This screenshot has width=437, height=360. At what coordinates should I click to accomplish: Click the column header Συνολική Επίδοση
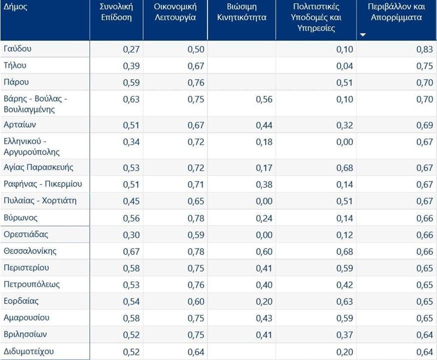click(115, 12)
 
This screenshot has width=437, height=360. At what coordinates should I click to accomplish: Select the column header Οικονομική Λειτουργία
click(175, 12)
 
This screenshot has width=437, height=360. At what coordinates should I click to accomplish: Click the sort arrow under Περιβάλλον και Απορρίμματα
click(363, 35)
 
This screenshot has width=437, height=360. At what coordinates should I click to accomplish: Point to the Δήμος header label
click(15, 7)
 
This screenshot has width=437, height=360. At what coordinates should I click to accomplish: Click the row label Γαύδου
click(17, 49)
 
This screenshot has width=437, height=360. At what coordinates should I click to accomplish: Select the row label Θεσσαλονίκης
click(30, 251)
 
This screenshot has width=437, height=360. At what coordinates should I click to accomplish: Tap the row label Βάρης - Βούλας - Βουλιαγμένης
click(35, 103)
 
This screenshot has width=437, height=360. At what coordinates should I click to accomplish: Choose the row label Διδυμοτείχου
click(28, 351)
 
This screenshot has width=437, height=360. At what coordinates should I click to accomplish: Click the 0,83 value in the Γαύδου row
click(424, 49)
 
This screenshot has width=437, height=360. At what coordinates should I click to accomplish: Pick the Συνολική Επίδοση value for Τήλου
click(131, 66)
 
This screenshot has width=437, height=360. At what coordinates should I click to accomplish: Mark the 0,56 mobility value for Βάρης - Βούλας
click(264, 99)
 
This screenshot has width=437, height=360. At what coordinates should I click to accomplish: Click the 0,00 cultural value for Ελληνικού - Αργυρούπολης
click(344, 142)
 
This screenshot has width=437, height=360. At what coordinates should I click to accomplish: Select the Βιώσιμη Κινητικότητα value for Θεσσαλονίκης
click(264, 251)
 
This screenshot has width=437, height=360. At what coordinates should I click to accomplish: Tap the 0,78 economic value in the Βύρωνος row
click(196, 218)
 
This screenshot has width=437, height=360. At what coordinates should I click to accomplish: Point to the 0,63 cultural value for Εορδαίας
click(344, 301)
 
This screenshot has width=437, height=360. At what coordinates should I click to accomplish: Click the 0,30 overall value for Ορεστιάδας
click(131, 234)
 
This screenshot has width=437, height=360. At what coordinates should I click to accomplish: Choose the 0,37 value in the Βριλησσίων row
click(344, 334)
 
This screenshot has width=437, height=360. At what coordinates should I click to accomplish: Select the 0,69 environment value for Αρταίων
click(424, 125)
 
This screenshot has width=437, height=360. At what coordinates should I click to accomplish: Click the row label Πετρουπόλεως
click(31, 284)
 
